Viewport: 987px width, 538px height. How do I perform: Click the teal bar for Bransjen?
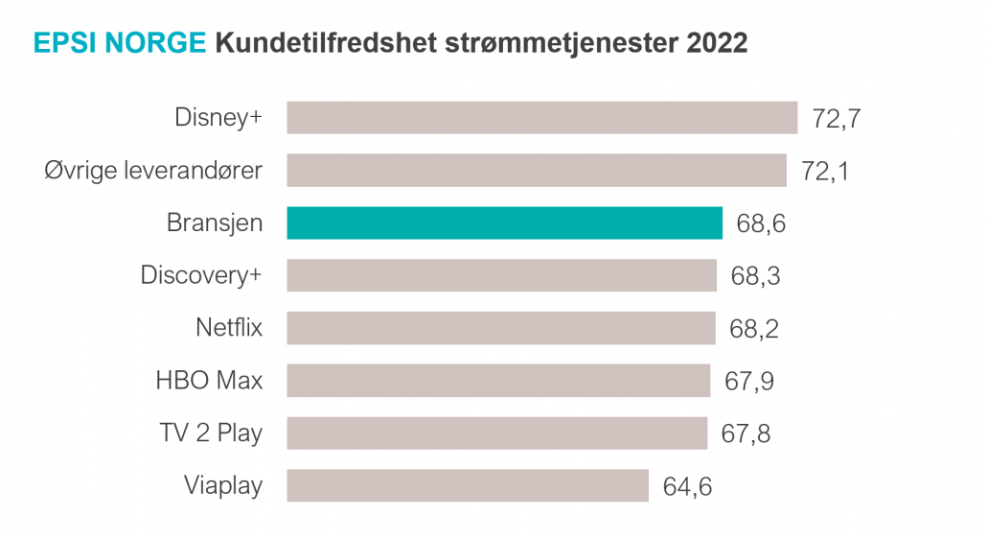pyautogui.click(x=504, y=222)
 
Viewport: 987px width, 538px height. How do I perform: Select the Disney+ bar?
pyautogui.click(x=542, y=118)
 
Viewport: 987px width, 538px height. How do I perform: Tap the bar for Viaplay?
pyautogui.click(x=468, y=485)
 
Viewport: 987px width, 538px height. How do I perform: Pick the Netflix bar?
pyautogui.click(x=501, y=328)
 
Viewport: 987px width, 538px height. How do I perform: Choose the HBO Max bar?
pyautogui.click(x=498, y=381)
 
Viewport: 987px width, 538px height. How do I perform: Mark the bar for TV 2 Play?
pyautogui.click(x=497, y=433)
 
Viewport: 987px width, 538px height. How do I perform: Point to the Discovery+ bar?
pyautogui.click(x=502, y=275)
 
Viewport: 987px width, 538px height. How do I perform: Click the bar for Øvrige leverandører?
pyautogui.click(x=537, y=171)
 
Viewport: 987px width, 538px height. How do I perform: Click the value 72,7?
pyautogui.click(x=837, y=120)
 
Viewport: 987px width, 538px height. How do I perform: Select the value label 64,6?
pyautogui.click(x=687, y=487)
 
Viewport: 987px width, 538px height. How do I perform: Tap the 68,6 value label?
pyautogui.click(x=762, y=224)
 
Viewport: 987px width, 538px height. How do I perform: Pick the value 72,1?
pyautogui.click(x=825, y=173)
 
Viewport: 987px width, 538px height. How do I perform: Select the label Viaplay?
pyautogui.click(x=222, y=486)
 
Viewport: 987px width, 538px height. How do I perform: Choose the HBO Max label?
pyautogui.click(x=208, y=381)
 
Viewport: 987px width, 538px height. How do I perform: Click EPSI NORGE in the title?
pyautogui.click(x=120, y=43)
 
